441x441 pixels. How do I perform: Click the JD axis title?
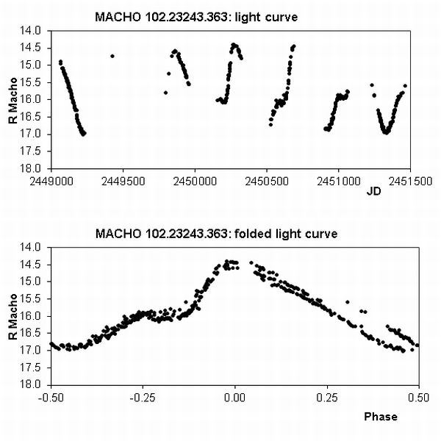pos(373,193)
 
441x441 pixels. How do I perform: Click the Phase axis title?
pos(380,417)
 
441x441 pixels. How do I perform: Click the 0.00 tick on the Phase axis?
pos(234,397)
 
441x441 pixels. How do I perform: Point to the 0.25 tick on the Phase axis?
pos(326,397)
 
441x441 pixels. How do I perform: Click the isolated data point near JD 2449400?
pos(112,56)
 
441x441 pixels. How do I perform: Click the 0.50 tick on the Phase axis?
pos(418,397)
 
